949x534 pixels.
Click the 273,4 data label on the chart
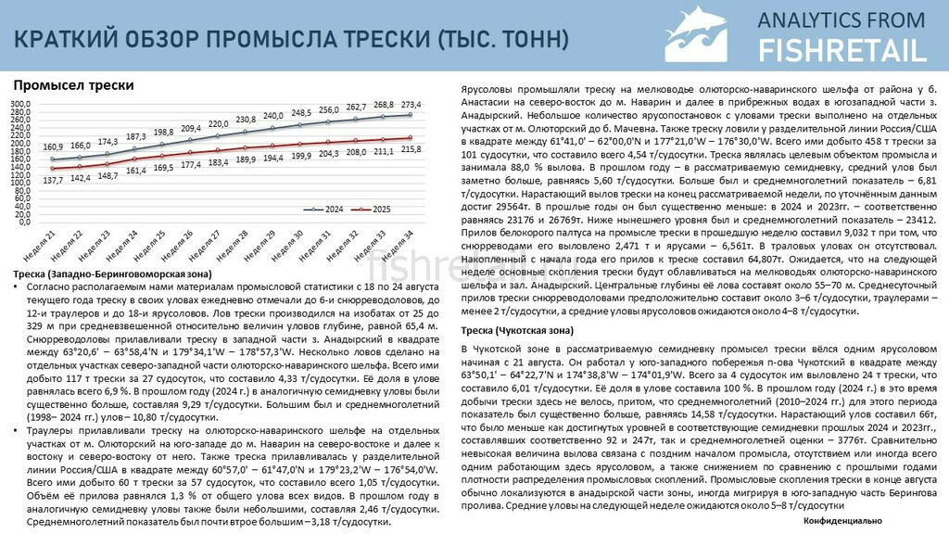click(x=411, y=104)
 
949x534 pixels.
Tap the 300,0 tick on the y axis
click(x=21, y=103)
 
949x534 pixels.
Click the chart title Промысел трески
click(x=74, y=85)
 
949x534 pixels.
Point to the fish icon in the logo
click(x=702, y=34)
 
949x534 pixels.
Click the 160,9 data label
click(x=53, y=147)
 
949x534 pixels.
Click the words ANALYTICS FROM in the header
click(x=841, y=19)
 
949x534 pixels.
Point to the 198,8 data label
click(x=164, y=133)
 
